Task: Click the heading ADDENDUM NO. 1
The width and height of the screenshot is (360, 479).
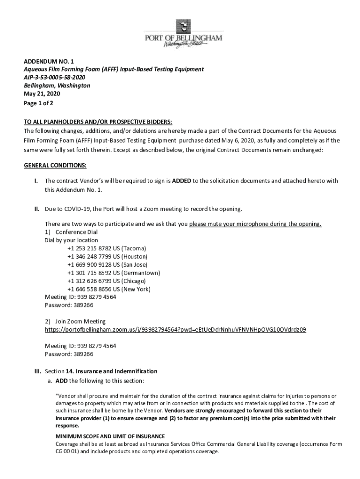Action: tap(49, 61)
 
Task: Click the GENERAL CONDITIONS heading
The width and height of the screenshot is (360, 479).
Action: tap(55, 166)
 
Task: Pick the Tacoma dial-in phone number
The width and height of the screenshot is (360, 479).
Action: tap(107, 248)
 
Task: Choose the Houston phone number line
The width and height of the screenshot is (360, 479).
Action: tap(107, 256)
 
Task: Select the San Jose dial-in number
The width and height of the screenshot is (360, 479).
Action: tap(107, 264)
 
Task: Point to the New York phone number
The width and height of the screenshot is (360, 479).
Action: tap(109, 289)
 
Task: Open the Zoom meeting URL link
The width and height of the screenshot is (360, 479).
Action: tap(175, 330)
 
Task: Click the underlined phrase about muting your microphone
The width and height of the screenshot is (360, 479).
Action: tap(255, 224)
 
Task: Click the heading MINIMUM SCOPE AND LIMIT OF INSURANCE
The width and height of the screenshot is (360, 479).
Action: tap(110, 436)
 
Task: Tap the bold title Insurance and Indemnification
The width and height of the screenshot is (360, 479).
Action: tap(111, 371)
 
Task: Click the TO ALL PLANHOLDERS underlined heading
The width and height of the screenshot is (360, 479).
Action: tap(98, 123)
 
